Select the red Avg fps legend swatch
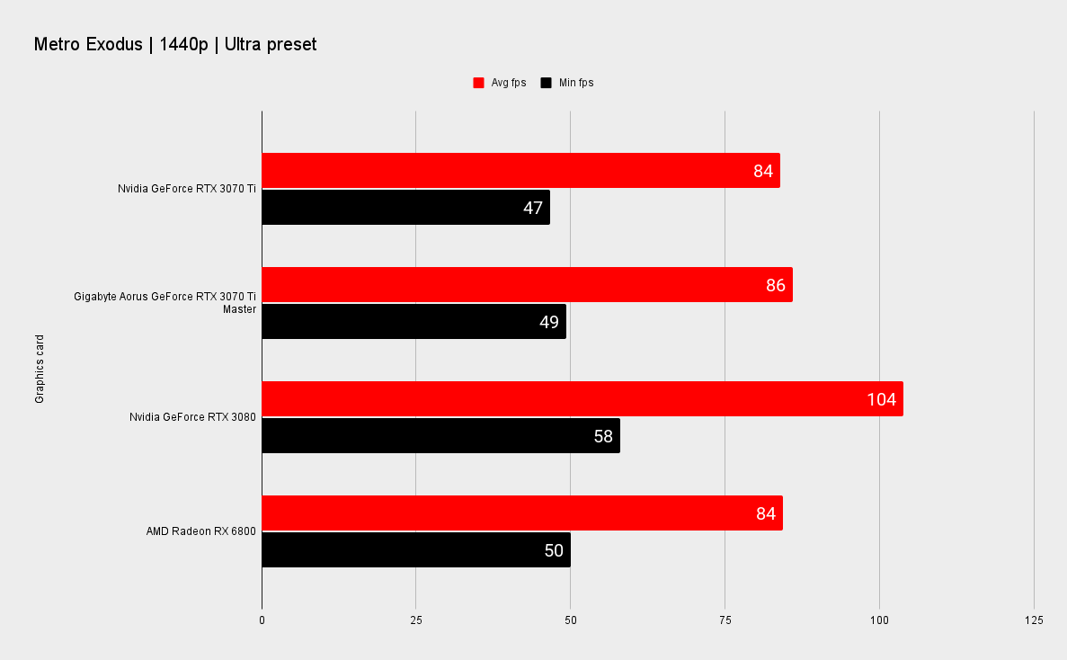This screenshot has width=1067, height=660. (478, 83)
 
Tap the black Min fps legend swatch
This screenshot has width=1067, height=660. (546, 83)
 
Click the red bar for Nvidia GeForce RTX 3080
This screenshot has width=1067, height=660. (582, 398)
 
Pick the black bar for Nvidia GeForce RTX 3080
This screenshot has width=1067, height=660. (441, 435)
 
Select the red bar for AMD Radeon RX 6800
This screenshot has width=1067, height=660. (522, 513)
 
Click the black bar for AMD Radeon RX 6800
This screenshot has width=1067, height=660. (416, 549)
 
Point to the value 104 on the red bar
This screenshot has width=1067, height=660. (881, 399)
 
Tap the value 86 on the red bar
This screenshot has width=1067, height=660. (776, 285)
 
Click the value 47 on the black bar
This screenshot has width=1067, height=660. (533, 208)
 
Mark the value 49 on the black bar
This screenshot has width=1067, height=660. (549, 322)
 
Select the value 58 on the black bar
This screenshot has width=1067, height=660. (603, 436)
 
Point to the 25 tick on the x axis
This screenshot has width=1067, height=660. (416, 620)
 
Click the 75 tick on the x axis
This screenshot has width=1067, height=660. (725, 620)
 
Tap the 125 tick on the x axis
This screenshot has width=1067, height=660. (1034, 620)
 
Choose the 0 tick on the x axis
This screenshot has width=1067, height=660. (262, 620)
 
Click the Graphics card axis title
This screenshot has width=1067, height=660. (40, 369)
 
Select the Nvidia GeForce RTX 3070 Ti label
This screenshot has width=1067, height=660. (187, 189)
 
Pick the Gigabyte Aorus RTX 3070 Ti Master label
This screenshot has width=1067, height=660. (165, 303)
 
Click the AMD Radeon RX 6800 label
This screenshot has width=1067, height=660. (201, 531)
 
